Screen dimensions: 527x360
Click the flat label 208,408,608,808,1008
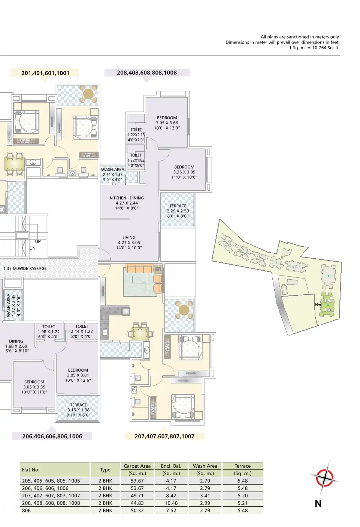coord(146,73)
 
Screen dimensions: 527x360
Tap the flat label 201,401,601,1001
coord(45,73)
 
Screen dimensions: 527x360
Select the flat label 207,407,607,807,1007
coord(164,436)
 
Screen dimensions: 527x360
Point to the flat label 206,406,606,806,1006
coord(52,436)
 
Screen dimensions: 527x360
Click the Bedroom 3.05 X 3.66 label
coord(167,123)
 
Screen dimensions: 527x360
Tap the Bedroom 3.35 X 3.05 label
coord(184,172)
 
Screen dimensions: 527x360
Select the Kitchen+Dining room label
coord(127,203)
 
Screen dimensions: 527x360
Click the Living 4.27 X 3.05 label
coord(129,242)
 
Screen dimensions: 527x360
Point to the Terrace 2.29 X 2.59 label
coord(178,211)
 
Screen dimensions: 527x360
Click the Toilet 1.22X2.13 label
coord(136,135)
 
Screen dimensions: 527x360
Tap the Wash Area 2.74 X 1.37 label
coord(113,175)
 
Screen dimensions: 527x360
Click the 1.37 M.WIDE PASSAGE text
coord(25,268)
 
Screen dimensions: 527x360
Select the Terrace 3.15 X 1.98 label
coord(78,410)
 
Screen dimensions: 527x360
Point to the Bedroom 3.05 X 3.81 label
coord(78,375)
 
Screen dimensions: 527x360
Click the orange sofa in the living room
coord(139,269)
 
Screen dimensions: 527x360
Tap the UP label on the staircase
coord(38,241)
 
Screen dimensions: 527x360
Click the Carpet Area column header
coord(137,466)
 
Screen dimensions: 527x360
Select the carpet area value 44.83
coord(137,503)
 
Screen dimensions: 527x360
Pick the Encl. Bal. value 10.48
coord(171,503)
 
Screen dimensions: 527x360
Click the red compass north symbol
coord(324,478)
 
